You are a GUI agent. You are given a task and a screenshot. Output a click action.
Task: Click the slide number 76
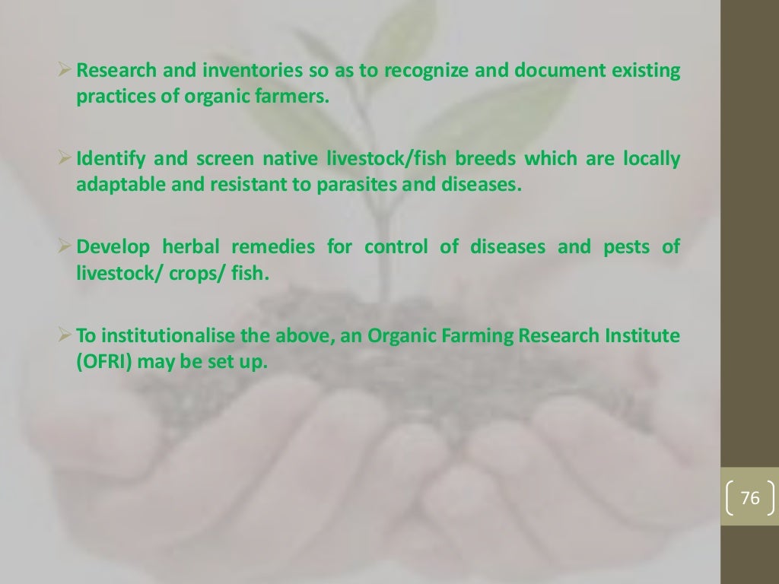click(x=749, y=499)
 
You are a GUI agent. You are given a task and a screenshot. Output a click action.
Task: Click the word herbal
click(x=190, y=247)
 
